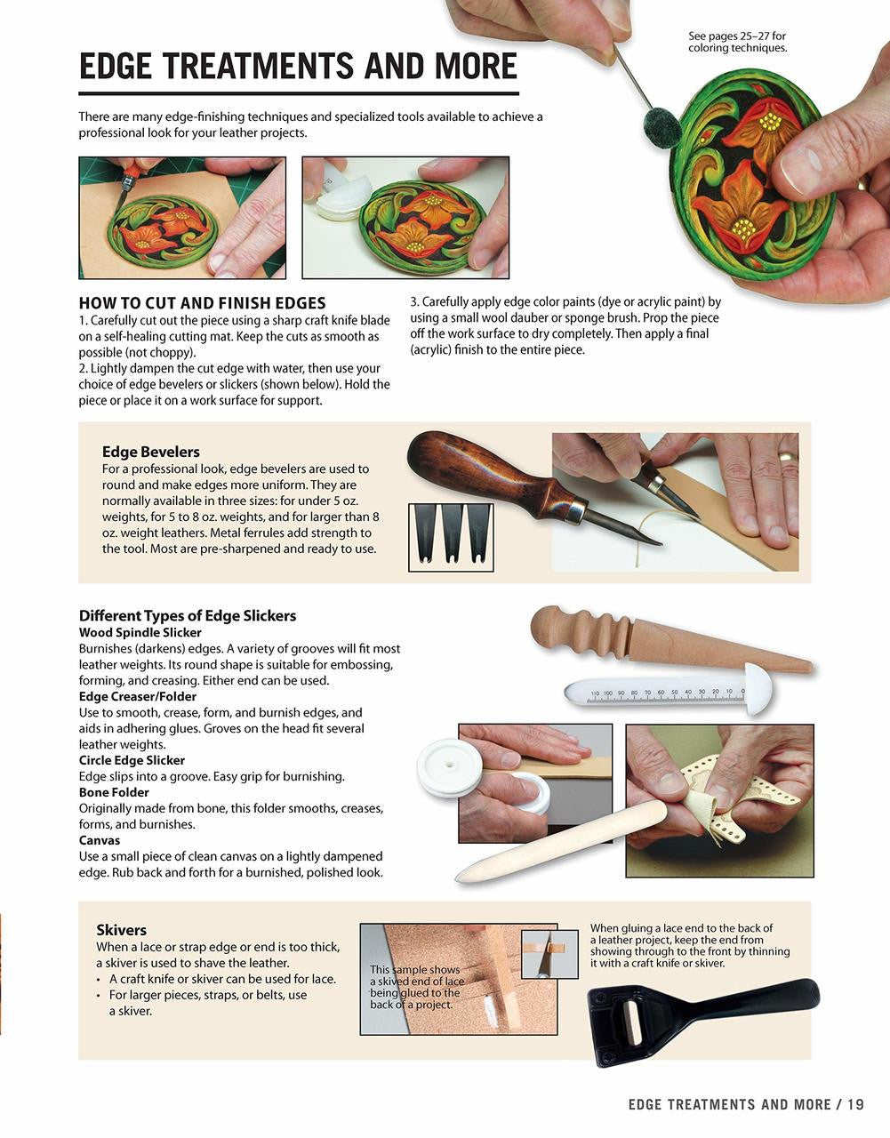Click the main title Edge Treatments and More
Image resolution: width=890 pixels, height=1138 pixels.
(298, 67)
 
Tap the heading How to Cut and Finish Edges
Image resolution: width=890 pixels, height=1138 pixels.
(202, 303)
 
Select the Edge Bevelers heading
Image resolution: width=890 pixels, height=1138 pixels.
(150, 452)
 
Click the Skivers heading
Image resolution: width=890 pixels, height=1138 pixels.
(121, 930)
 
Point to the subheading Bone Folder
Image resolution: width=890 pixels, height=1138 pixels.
(114, 792)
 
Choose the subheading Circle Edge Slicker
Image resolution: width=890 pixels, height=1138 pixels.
(132, 760)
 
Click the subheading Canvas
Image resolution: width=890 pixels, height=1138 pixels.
(99, 840)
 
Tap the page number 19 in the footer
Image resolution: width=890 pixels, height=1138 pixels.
(855, 1105)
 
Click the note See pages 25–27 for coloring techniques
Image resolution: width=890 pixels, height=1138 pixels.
(737, 42)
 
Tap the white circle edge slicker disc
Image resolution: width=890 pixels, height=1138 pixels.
(450, 767)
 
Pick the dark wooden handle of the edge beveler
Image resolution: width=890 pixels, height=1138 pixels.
(480, 471)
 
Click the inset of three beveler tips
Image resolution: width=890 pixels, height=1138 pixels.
(451, 533)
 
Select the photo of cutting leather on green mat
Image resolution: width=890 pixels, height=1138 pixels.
(182, 218)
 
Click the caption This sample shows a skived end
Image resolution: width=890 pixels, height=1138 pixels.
(415, 987)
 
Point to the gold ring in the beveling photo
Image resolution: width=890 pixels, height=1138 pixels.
(786, 456)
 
